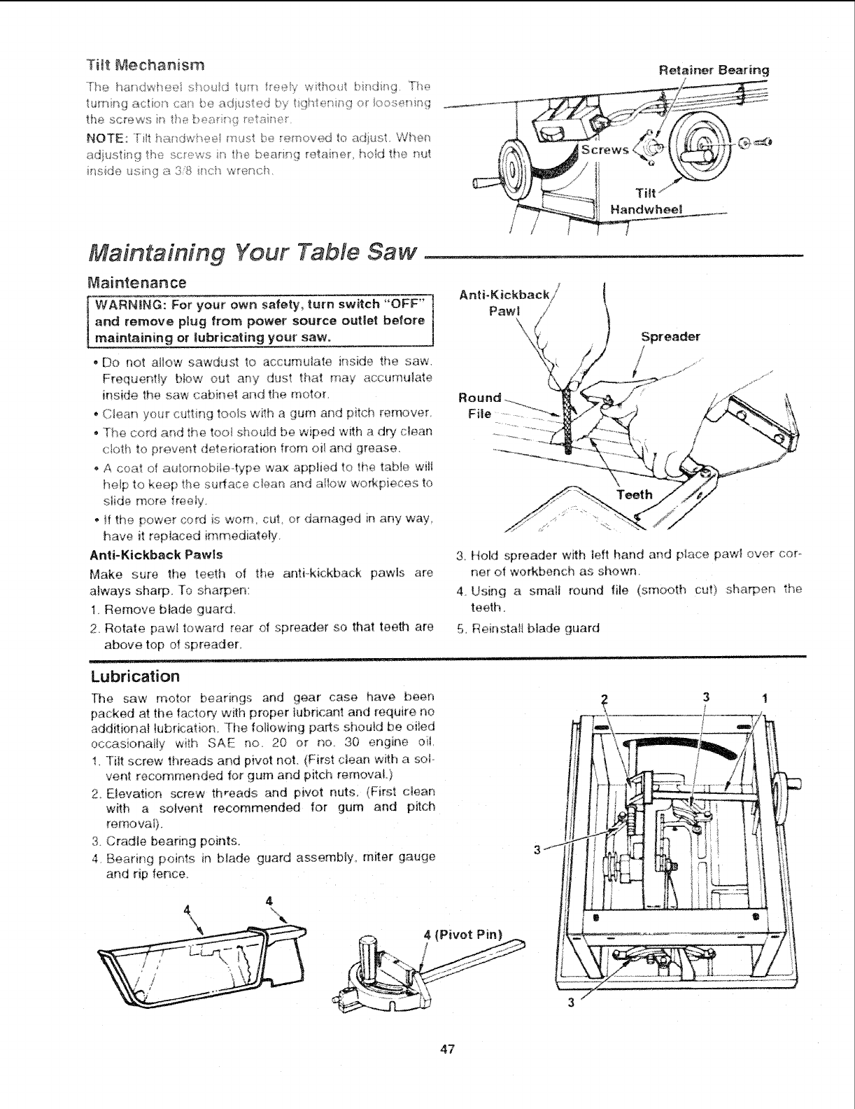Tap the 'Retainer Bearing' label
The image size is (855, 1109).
[714, 70]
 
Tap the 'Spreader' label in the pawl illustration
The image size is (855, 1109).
[670, 336]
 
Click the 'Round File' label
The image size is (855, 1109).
[480, 405]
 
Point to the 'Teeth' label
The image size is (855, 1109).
[635, 494]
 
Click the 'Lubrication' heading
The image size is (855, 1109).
[136, 676]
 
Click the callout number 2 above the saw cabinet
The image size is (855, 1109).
[605, 698]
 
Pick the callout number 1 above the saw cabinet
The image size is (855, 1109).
[765, 697]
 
